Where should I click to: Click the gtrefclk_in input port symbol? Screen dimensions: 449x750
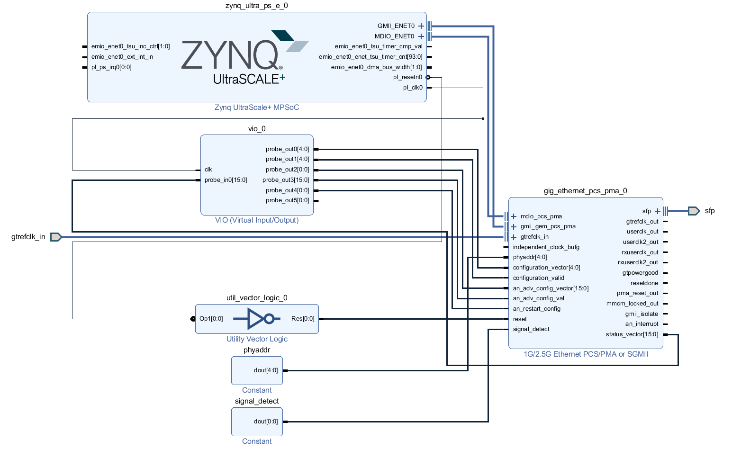pyautogui.click(x=56, y=237)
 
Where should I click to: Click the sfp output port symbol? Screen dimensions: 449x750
pyautogui.click(x=694, y=211)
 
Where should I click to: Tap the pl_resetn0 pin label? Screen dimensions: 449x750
pyautogui.click(x=407, y=77)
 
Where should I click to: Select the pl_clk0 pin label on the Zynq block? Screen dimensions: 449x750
pyautogui.click(x=413, y=88)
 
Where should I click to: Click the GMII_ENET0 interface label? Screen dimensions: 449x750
pyautogui.click(x=396, y=26)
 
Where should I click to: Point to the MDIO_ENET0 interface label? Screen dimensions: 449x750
pyautogui.click(x=394, y=36)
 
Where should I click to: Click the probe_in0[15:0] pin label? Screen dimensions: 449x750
pyautogui.click(x=226, y=180)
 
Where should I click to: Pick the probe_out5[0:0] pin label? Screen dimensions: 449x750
pyautogui.click(x=287, y=200)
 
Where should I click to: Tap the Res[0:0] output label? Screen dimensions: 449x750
pyautogui.click(x=303, y=319)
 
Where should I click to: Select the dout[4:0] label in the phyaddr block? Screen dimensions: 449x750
pyautogui.click(x=266, y=370)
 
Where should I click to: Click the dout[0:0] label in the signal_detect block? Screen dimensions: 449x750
pyautogui.click(x=266, y=422)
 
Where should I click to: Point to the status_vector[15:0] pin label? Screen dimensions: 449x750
pyautogui.click(x=632, y=334)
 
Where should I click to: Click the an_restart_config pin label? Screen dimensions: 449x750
pyautogui.click(x=536, y=309)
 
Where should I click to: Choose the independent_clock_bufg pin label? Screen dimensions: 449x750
pyautogui.click(x=546, y=247)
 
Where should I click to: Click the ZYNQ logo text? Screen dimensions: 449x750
pyautogui.click(x=230, y=55)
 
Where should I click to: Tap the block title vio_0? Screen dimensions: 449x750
pyautogui.click(x=257, y=129)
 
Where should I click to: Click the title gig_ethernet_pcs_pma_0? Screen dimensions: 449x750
pyautogui.click(x=585, y=191)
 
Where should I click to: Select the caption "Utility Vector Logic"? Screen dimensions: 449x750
pyautogui.click(x=257, y=339)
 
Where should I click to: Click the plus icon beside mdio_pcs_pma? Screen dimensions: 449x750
pyautogui.click(x=514, y=216)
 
